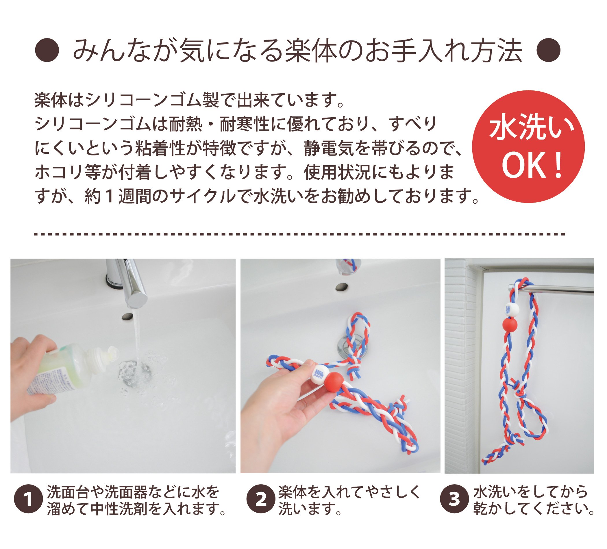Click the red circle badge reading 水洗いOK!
[528, 146]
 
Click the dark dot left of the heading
[47, 50]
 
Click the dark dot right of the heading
[549, 50]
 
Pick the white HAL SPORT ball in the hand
[320, 374]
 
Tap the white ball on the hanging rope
[512, 310]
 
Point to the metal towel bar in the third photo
[554, 289]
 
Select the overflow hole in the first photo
[128, 316]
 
